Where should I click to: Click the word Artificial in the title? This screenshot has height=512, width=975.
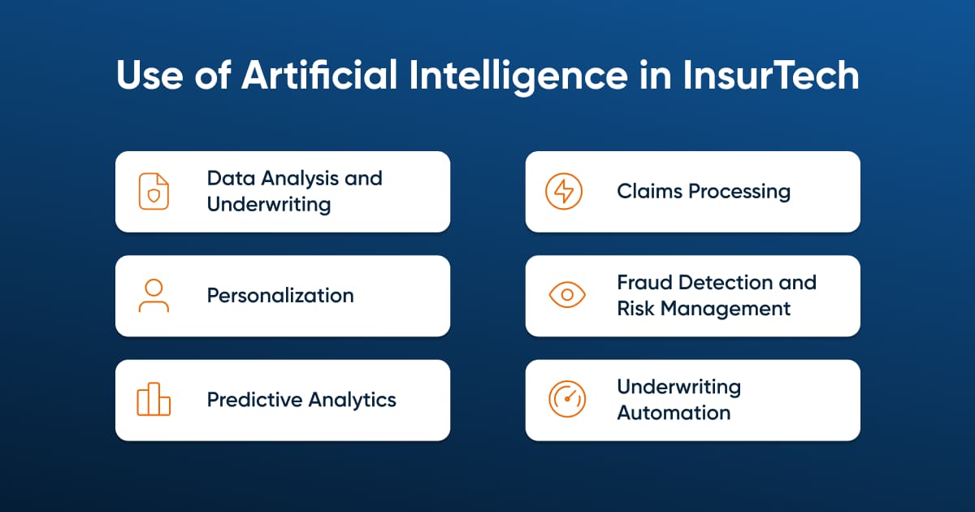[x=319, y=75]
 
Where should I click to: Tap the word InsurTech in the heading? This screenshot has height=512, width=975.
[x=771, y=75]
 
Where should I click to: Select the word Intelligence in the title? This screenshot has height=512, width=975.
[x=518, y=76]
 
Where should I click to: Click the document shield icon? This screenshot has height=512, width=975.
[x=154, y=191]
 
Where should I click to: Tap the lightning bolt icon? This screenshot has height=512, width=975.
[x=564, y=191]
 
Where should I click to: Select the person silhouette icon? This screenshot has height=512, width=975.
[x=154, y=296]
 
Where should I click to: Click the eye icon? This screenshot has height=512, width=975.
[x=567, y=295]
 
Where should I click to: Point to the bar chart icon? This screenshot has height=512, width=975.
[x=154, y=399]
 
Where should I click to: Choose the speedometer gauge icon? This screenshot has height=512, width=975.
[x=567, y=399]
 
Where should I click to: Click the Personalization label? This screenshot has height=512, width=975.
[x=280, y=296]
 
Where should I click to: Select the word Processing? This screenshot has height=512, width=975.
[x=739, y=193]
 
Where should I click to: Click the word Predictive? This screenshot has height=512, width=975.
[x=255, y=400]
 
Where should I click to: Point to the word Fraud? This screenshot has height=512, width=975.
[x=644, y=283]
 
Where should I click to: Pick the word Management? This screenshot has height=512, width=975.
[x=725, y=310]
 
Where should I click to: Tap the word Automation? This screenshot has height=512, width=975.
[x=674, y=413]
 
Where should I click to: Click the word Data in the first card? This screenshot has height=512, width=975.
[x=231, y=178]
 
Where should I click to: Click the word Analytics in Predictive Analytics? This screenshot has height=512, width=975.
[x=353, y=401]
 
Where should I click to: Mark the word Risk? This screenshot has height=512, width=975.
[x=635, y=309]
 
